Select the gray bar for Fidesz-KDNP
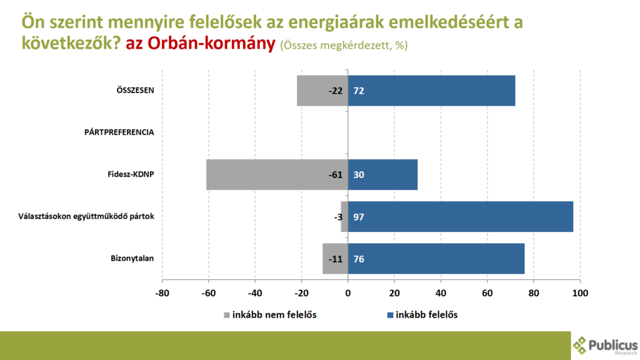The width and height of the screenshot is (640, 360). (x=269, y=174)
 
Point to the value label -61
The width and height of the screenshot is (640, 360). (x=336, y=174)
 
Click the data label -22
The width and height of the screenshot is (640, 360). (x=336, y=91)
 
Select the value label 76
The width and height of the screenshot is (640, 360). (x=359, y=259)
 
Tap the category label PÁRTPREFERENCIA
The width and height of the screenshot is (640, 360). (x=119, y=132)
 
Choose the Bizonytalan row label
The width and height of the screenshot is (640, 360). (x=128, y=258)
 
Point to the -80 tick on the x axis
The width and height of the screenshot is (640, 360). (x=162, y=292)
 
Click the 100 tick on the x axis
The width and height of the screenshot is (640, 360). (x=581, y=292)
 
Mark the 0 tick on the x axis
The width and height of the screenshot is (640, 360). (x=348, y=292)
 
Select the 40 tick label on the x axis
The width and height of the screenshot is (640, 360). (x=441, y=292)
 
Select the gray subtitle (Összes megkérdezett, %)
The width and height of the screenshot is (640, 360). (x=344, y=46)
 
